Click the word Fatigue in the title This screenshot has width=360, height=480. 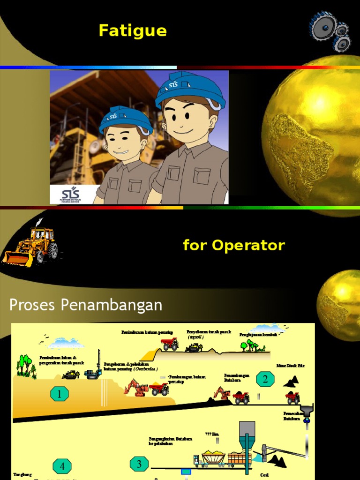click(133, 31)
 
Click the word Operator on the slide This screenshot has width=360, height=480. click(248, 245)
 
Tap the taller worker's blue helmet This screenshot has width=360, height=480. click(190, 89)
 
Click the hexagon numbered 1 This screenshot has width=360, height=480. click(60, 394)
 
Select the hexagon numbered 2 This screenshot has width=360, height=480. click(265, 379)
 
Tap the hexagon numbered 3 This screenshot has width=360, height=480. click(139, 464)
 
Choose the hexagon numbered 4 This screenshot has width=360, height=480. click(62, 466)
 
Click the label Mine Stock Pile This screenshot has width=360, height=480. click(290, 366)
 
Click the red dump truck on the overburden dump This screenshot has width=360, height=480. click(169, 344)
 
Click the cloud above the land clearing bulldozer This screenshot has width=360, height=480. click(66, 344)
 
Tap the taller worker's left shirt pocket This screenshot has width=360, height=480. click(202, 176)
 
